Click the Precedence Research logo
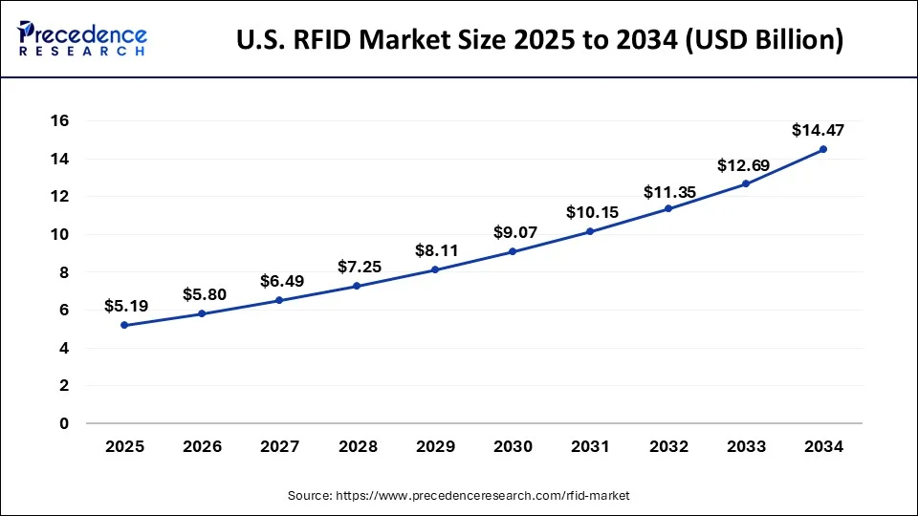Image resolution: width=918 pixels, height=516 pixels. pos(82,38)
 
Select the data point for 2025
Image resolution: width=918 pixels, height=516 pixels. pos(124,325)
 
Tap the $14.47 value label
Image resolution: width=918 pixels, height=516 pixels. pos(818,131)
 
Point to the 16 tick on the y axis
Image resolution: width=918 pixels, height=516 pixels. pos(59,120)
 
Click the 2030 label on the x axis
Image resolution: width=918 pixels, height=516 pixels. pos(513,446)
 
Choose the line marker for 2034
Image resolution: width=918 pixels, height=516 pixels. pos(822,149)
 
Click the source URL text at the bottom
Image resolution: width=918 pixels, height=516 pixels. pos(458,496)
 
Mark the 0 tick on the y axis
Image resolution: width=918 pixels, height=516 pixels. pos(64,423)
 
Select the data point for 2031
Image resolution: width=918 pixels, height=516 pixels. pos(590,231)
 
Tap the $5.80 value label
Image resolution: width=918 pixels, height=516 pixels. pos(202,295)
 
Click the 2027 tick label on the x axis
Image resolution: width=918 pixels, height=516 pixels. pos(279,446)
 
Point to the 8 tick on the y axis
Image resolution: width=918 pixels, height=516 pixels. pos(64,272)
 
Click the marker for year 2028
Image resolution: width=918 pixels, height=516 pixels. pos(357,286)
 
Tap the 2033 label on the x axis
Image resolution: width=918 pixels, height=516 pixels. pos(745,446)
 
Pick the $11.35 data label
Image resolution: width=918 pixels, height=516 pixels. pos(668,192)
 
